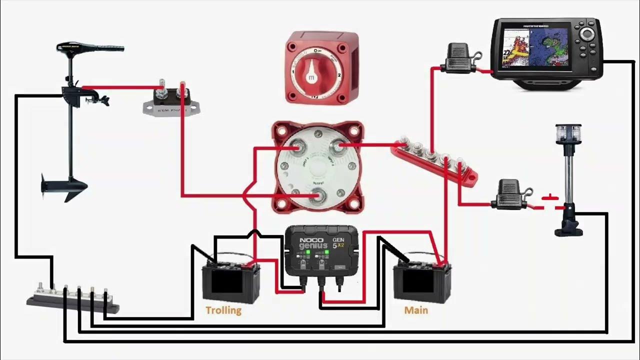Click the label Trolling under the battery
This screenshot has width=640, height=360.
[223, 310]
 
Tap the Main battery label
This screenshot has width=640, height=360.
[416, 310]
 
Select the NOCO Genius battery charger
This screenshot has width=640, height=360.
[321, 255]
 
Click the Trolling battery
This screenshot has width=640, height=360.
[230, 282]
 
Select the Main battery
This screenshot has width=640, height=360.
[422, 282]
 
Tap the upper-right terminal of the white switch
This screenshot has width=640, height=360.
[338, 146]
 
